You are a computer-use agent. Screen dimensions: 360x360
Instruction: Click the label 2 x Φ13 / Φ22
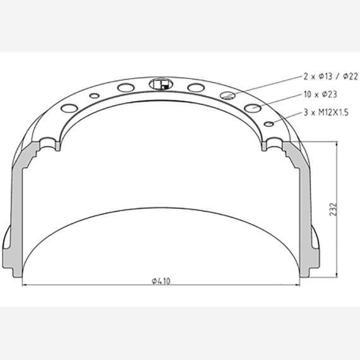[x=330, y=76]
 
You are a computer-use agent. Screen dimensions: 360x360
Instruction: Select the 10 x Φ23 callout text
[x=320, y=94]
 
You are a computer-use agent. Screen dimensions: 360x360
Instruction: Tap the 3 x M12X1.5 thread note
[x=326, y=112]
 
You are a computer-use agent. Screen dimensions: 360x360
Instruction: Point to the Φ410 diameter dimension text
[x=161, y=281]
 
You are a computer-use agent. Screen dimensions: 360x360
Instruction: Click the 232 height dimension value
[x=333, y=209]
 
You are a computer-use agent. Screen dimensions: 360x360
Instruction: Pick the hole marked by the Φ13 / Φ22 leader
[x=227, y=95]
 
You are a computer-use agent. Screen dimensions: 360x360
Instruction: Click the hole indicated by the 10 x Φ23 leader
[x=253, y=107]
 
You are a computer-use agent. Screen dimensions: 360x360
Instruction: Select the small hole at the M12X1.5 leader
[x=269, y=124]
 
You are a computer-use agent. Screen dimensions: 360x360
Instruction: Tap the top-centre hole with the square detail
[x=161, y=84]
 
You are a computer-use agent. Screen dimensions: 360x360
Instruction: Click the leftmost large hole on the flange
[x=69, y=108]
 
